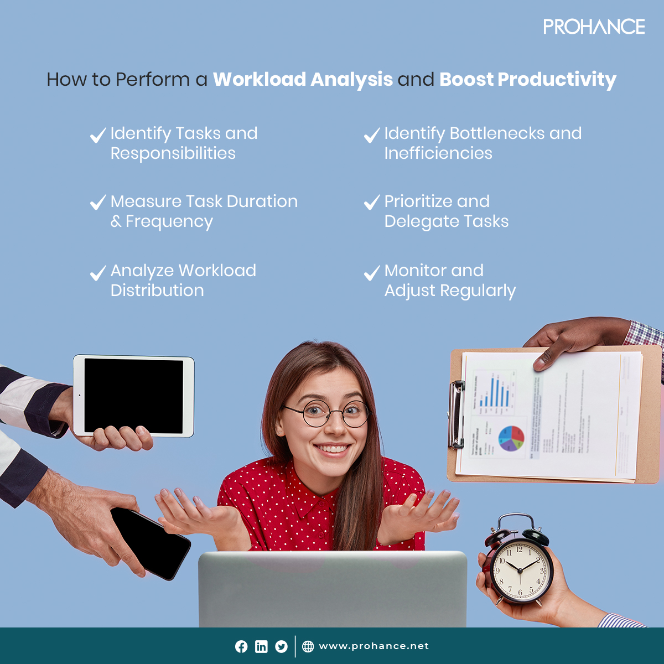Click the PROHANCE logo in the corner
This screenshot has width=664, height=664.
pos(594,27)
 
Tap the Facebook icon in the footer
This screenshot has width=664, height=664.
pos(241,646)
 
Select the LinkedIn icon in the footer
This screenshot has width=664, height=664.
pos(261,646)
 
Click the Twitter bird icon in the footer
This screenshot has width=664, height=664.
pos(282,646)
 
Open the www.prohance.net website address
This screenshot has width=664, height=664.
pos(374,646)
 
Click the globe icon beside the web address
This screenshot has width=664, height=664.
pos(308,646)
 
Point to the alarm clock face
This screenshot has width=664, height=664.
pos(519,569)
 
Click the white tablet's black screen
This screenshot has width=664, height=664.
pos(133,395)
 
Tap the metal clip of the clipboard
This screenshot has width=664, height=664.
pos(456,414)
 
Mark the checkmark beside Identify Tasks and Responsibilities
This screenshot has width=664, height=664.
pos(98,135)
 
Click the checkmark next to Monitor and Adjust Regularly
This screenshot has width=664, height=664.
pos(372,272)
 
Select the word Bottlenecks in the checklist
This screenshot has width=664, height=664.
pos(490,133)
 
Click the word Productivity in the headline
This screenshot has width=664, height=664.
pos(557,80)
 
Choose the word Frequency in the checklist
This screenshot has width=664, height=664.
pos(169,222)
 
